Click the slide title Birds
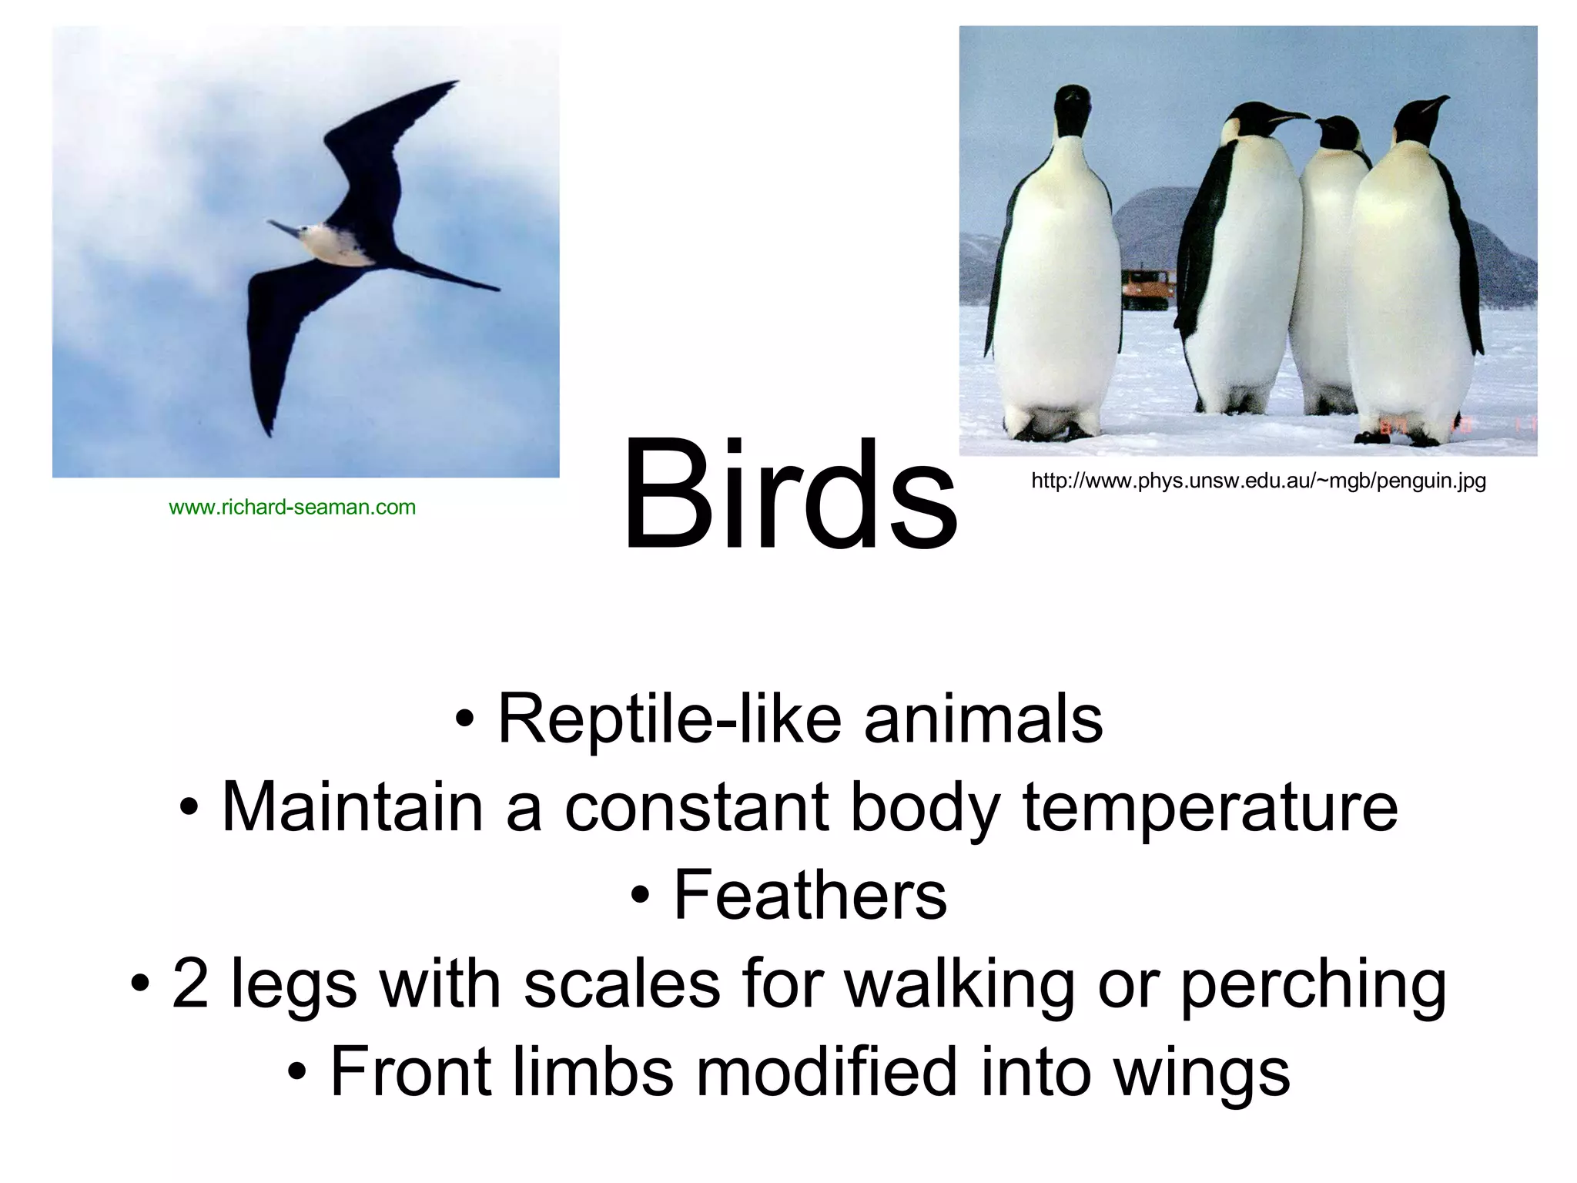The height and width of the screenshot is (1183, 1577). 790,497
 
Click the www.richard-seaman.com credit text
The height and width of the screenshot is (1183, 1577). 292,508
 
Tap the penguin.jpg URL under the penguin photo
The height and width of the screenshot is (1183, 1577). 1258,481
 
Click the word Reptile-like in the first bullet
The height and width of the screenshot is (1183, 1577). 670,719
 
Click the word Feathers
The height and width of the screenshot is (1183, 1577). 810,895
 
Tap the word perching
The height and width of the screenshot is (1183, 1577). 1313,986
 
